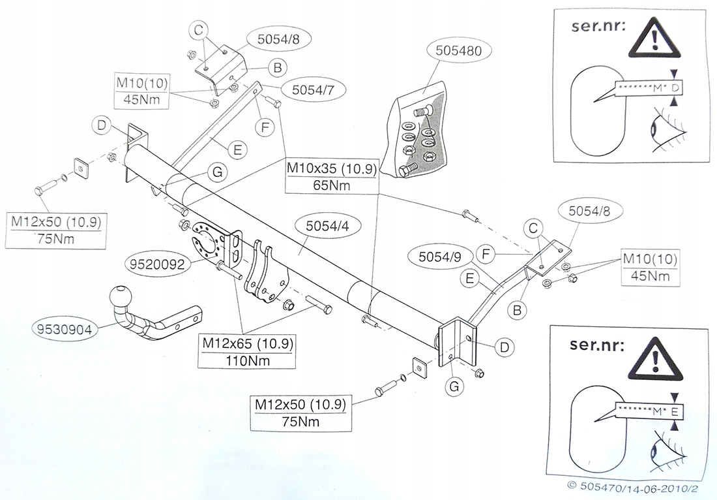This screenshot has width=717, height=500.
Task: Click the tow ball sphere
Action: pyautogui.click(x=121, y=296)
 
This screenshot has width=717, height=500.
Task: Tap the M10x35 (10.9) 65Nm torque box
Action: pyautogui.click(x=331, y=178)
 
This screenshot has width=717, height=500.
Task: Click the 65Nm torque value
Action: pyautogui.click(x=331, y=186)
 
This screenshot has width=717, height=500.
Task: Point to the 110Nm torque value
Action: pyautogui.click(x=246, y=360)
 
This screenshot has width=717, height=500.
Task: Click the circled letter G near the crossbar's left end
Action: pyautogui.click(x=217, y=172)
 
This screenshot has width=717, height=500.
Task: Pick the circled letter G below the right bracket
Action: pyautogui.click(x=454, y=386)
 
